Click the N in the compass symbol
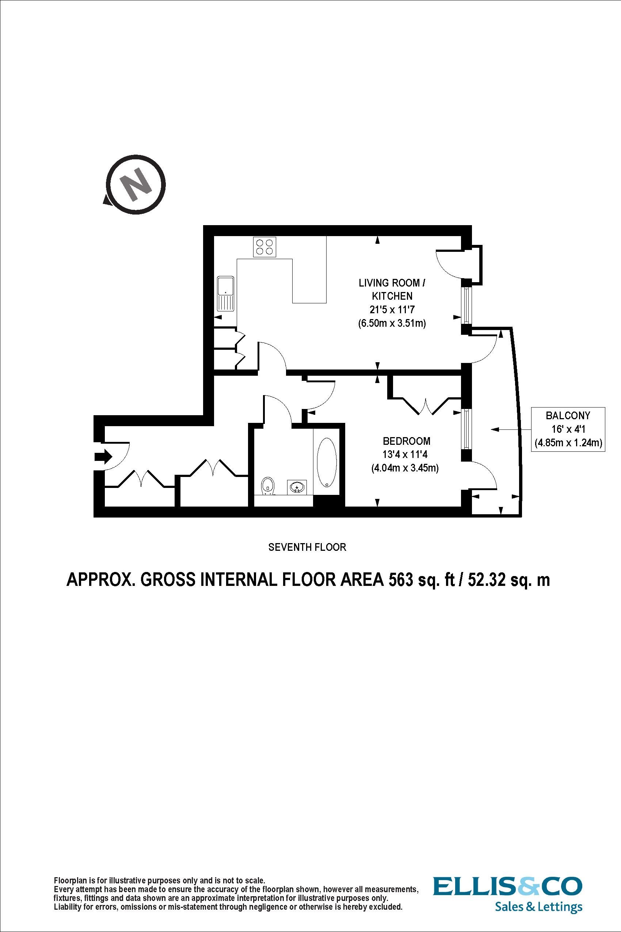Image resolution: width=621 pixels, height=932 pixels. tap(136, 185)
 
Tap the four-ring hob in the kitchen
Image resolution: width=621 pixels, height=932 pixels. tap(264, 247)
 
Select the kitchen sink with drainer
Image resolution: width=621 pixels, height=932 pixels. tap(225, 293)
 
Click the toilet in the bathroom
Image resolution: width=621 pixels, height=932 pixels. tap(268, 486)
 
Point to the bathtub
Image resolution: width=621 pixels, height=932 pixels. tap(327, 462)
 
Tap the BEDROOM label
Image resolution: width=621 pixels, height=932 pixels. tap(406, 441)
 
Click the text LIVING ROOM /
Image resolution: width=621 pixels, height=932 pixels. tap(392, 283)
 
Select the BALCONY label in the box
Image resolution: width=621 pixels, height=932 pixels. tap(568, 416)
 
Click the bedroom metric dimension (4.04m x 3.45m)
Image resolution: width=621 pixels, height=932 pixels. tap(405, 468)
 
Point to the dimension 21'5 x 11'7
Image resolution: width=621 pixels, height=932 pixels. tap(392, 310)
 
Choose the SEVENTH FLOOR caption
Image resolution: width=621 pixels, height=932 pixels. tap(307, 547)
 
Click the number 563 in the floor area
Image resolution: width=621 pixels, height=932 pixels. tap(400, 580)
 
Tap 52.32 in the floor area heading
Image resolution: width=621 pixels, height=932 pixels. tap(487, 580)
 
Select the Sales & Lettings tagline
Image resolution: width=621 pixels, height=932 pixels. tap(538, 907)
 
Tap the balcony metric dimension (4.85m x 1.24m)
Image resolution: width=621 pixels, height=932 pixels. tap(568, 443)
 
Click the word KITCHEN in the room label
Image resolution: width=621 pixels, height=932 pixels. tap(392, 296)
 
